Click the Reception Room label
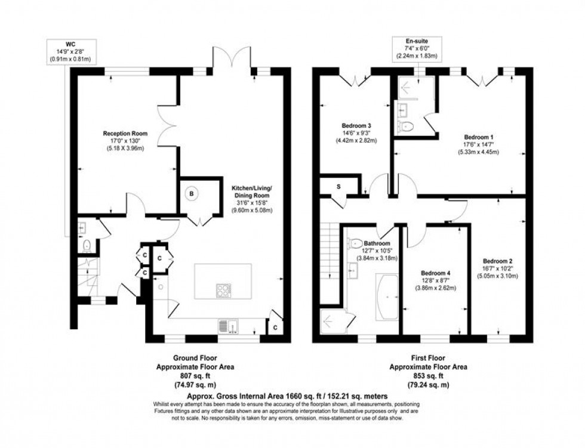pyautogui.click(x=125, y=133)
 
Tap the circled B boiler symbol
pyautogui.click(x=192, y=194)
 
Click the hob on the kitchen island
pyautogui.click(x=224, y=291)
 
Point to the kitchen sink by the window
pyautogui.click(x=230, y=326)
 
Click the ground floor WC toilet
pyautogui.click(x=87, y=246)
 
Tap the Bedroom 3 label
pyautogui.click(x=356, y=126)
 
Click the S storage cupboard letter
pyautogui.click(x=338, y=187)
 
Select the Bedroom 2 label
pyautogui.click(x=498, y=261)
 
